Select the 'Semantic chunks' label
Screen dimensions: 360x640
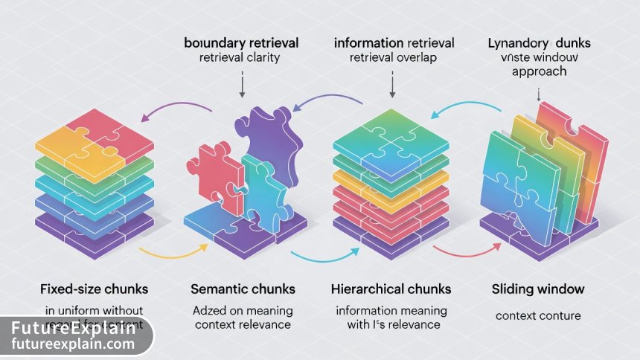coord(243,288)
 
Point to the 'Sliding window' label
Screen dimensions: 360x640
coord(537,288)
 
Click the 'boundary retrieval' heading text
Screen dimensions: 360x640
coord(241,43)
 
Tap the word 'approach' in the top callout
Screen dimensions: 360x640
coord(539,72)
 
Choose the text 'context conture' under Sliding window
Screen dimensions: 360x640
coord(537,316)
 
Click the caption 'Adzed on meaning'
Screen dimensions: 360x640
coord(243,310)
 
